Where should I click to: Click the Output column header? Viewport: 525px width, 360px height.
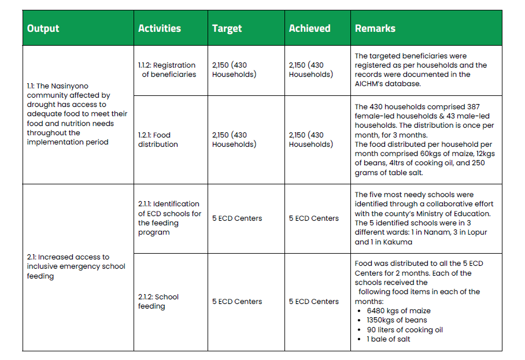[43, 28]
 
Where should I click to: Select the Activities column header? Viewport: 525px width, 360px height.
[160, 28]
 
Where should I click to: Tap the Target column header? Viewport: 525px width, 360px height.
[227, 28]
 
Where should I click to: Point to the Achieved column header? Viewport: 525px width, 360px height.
[310, 28]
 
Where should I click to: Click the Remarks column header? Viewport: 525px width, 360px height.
[375, 28]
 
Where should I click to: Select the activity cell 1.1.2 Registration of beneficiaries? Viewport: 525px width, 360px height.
[167, 70]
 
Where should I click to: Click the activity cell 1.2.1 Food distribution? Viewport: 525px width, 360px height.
[154, 139]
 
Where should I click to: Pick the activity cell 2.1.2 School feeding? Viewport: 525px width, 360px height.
[158, 301]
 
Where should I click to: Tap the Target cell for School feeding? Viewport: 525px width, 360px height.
[237, 301]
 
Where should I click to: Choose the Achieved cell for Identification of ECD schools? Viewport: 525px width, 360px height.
[314, 218]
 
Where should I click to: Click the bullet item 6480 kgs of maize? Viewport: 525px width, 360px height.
[398, 310]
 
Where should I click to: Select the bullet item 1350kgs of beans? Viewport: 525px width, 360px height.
[397, 320]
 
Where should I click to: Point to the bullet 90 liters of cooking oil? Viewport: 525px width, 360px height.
[405, 330]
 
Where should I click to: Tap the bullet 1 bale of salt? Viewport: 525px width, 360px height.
[389, 339]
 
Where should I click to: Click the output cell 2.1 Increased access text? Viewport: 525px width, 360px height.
[76, 266]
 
